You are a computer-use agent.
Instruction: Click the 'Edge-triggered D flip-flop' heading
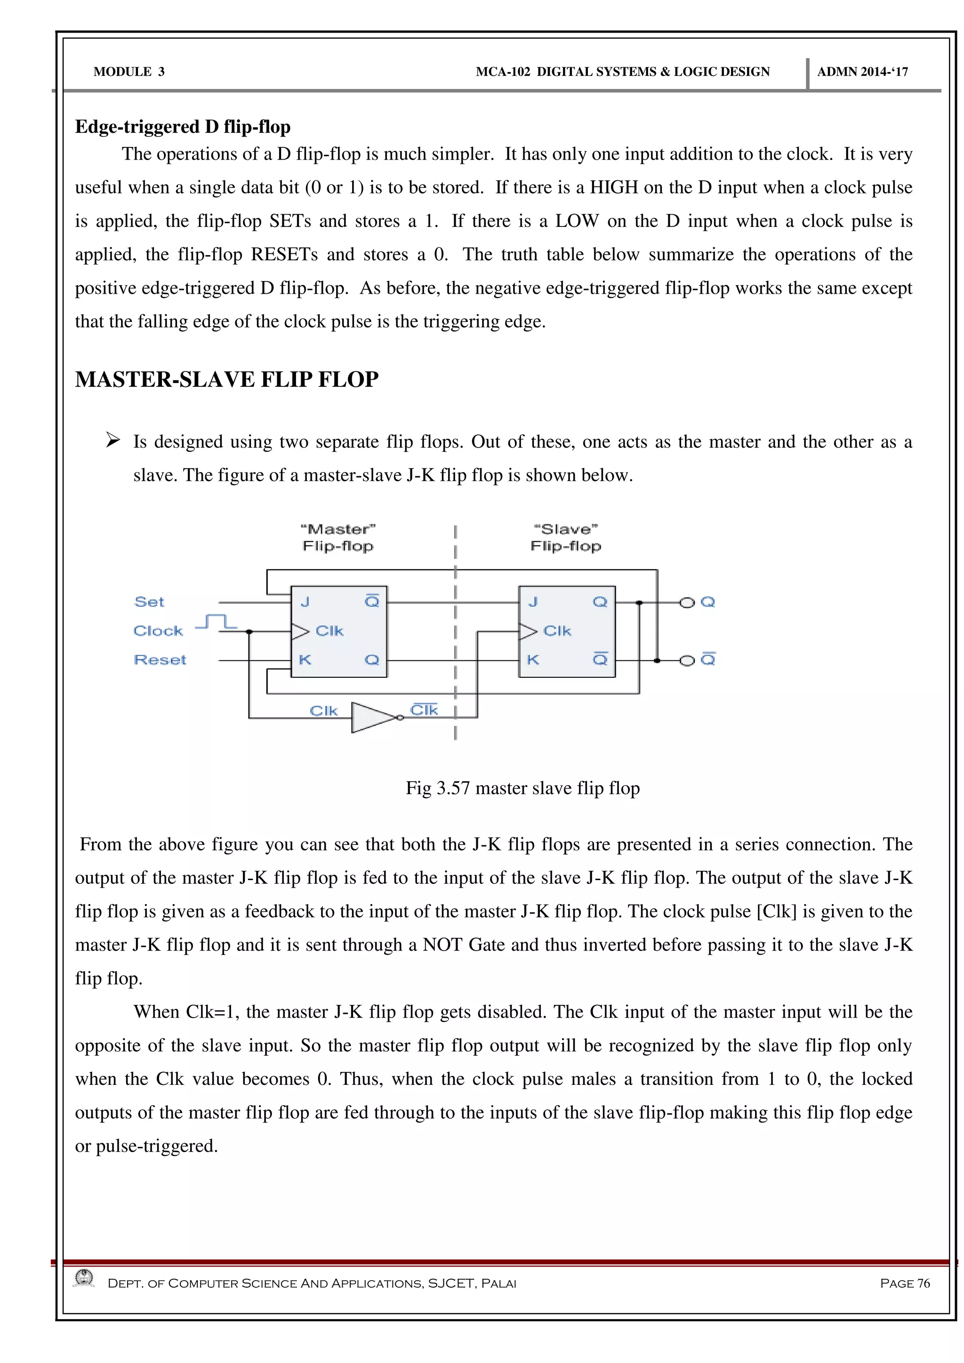coord(182,127)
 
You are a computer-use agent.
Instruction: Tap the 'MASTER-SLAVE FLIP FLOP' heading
coord(227,379)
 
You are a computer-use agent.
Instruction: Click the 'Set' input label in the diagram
coord(149,602)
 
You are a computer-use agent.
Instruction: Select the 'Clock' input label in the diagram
coord(158,631)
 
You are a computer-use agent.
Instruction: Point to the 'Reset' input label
coord(160,660)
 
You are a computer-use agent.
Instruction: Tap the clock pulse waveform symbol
coord(216,622)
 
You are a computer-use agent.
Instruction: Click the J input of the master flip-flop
coord(305,602)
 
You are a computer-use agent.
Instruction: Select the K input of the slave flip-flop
coord(532,660)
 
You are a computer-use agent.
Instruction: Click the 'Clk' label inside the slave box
coord(557,631)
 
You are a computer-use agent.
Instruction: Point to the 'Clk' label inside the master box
coord(329,631)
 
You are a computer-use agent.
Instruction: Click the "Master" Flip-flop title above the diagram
coord(338,538)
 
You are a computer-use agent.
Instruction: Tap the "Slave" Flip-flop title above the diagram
coord(566,538)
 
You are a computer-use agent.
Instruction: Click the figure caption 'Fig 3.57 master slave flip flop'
coord(522,788)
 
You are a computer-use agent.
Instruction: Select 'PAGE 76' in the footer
coord(905,1283)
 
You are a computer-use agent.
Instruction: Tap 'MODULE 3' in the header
coord(129,72)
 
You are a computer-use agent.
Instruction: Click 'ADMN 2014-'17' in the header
coord(862,72)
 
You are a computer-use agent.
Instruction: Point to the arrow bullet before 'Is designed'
coord(113,441)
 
